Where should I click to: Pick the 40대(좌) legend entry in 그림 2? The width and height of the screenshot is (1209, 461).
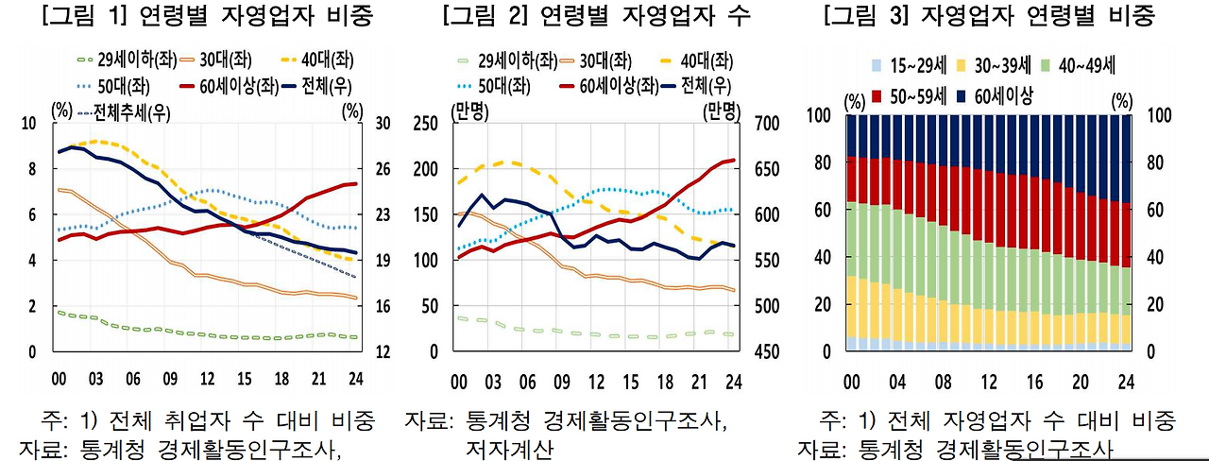(x=707, y=61)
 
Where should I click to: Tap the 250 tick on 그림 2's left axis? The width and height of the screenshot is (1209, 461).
(x=428, y=123)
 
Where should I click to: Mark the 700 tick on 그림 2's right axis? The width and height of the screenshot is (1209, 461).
(x=767, y=123)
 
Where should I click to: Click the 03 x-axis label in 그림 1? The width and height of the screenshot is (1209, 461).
(x=97, y=380)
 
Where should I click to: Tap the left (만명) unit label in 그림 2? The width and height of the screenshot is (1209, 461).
(x=469, y=111)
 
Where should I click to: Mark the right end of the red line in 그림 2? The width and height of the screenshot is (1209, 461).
(x=733, y=161)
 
